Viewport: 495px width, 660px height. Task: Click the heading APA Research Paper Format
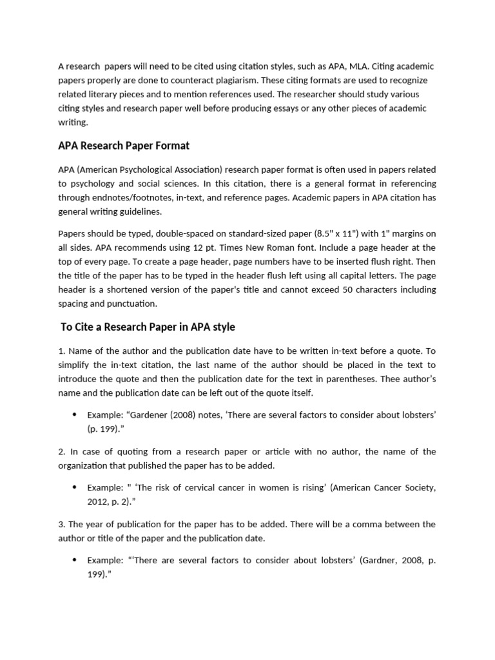tap(124, 146)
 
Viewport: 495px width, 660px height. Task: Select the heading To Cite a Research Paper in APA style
tap(148, 327)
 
